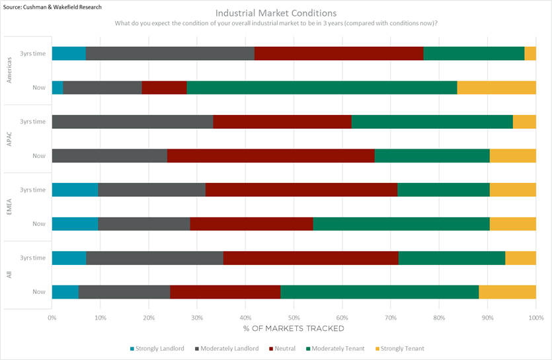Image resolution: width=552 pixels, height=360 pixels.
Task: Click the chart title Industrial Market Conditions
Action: pyautogui.click(x=276, y=13)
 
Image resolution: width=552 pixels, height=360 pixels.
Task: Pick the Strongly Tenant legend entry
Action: pyautogui.click(x=400, y=348)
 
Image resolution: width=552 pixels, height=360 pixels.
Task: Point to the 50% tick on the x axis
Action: pyautogui.click(x=294, y=317)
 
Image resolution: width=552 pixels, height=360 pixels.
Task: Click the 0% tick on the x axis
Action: pyautogui.click(x=52, y=317)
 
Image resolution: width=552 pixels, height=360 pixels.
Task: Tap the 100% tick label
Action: pyautogui.click(x=535, y=317)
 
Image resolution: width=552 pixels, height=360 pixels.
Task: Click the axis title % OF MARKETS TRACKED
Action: pyautogui.click(x=294, y=328)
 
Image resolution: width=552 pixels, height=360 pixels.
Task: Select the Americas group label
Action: pyautogui.click(x=10, y=70)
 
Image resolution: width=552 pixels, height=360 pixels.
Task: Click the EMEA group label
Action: pyautogui.click(x=10, y=207)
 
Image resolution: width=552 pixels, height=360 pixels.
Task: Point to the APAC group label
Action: pyautogui.click(x=10, y=139)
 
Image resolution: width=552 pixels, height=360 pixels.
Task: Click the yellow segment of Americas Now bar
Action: pyautogui.click(x=496, y=87)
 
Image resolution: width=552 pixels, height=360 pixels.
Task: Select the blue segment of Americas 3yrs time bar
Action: pyautogui.click(x=69, y=54)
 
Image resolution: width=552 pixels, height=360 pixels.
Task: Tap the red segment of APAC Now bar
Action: pyautogui.click(x=271, y=156)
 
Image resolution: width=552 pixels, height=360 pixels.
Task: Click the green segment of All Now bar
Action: pyautogui.click(x=379, y=291)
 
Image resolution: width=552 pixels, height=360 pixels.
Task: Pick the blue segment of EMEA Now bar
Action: pyautogui.click(x=75, y=224)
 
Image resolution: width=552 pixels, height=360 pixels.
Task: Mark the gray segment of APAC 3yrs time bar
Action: pyautogui.click(x=133, y=122)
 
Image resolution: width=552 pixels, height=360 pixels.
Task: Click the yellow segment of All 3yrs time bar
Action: pyautogui.click(x=520, y=258)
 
